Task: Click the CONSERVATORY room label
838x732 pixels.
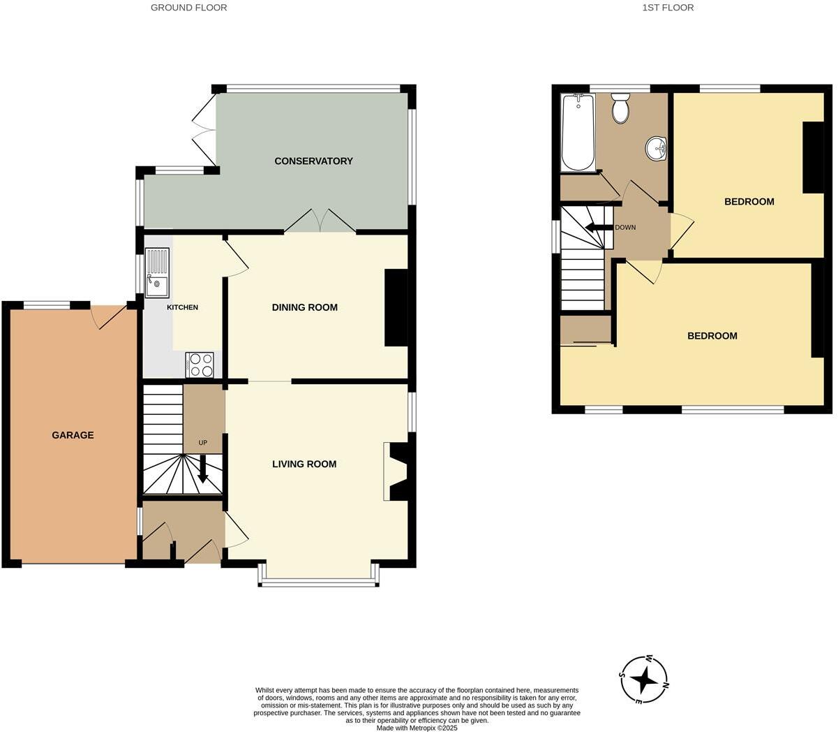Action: tap(313, 161)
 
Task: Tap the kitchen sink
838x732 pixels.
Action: tap(156, 272)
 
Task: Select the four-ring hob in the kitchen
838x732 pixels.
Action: tap(200, 365)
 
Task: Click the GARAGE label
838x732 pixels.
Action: tap(73, 435)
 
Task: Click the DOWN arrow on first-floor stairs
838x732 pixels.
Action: tap(597, 228)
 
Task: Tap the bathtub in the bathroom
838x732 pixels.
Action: tap(578, 133)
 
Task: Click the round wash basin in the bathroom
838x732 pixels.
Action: tap(657, 148)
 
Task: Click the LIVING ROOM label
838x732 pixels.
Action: tap(304, 464)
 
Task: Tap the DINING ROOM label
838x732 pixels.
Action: tap(304, 307)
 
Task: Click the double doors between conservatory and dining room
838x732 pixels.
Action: tap(320, 222)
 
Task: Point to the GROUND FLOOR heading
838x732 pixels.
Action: tap(189, 8)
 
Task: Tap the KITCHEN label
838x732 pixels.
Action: tap(182, 307)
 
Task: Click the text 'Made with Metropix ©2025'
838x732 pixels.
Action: tap(417, 727)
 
